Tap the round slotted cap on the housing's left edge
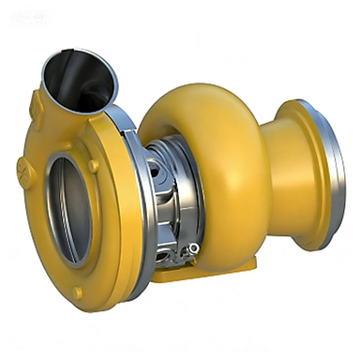pos(22,169)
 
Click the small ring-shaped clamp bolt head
pos(193,247)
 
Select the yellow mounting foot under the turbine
pos(202,274)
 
